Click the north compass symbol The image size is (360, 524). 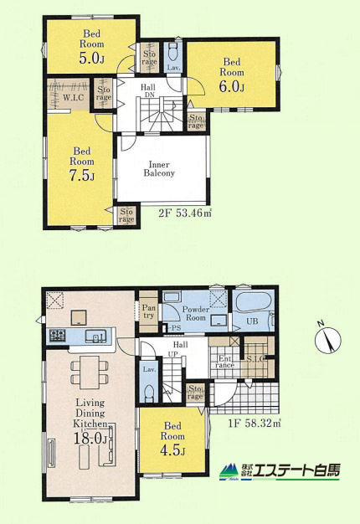327,339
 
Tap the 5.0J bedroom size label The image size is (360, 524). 91,58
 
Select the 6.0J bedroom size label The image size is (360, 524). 232,86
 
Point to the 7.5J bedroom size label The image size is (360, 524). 82,176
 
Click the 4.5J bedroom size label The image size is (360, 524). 172,450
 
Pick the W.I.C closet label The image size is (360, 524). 74,98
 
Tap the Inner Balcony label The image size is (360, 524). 159,169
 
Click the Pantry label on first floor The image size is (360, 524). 148,311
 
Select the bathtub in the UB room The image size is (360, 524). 253,302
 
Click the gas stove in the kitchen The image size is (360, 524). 58,335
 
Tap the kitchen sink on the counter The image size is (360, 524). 96,336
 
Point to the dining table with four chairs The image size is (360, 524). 90,372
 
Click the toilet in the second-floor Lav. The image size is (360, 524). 173,51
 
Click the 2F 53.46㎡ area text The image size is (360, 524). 185,213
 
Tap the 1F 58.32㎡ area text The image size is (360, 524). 255,424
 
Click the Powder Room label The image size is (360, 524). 196,313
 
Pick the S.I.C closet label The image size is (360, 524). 257,359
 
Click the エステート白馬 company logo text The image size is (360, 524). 296,471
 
